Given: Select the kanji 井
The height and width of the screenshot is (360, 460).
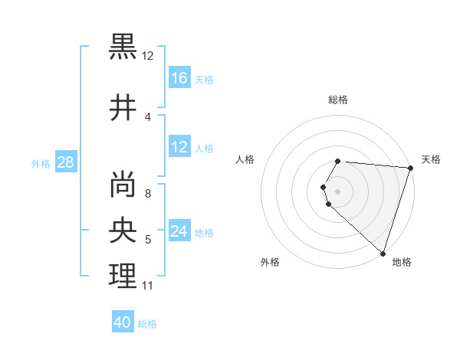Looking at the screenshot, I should click(x=123, y=106).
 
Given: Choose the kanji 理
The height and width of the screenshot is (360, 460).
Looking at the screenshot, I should click(x=123, y=277).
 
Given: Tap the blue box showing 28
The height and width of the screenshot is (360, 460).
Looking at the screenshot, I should click(x=65, y=162).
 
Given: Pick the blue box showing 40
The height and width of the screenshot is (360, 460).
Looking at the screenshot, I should click(x=123, y=322).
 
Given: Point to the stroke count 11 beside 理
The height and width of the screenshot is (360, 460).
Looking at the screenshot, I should click(x=147, y=286).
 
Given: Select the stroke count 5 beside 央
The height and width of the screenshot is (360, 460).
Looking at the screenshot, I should click(x=148, y=241).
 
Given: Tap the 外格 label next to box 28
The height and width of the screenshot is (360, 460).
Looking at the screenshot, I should click(x=41, y=163).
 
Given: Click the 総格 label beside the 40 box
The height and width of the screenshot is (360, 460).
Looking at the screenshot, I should click(x=147, y=324).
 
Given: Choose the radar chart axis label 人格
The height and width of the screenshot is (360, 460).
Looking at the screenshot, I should click(x=245, y=159).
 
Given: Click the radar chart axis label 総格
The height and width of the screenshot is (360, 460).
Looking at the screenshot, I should click(x=337, y=100).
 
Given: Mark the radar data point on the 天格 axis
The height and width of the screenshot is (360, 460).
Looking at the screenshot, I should click(x=410, y=168).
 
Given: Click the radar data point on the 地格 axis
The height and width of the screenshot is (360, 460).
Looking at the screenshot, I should click(x=383, y=253).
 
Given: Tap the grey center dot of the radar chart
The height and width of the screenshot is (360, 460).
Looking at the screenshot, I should click(x=337, y=191).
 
